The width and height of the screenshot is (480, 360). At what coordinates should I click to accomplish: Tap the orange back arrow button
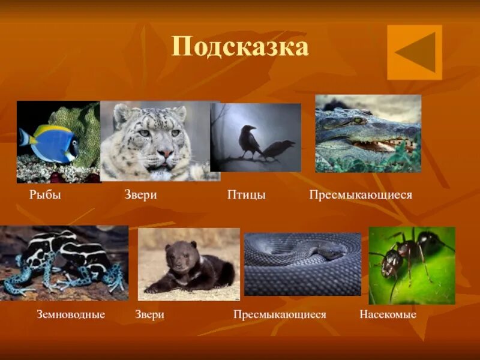(415, 52)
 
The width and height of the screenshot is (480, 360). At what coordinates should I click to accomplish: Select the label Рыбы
(46, 195)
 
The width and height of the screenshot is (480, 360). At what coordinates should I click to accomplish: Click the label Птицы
(247, 195)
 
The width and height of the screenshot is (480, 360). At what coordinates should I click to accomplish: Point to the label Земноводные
(70, 314)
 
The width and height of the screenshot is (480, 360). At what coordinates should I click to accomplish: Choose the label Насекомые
(388, 314)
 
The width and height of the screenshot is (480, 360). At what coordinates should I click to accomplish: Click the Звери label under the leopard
(140, 195)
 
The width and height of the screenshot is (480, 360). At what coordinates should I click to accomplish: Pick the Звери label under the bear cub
(149, 314)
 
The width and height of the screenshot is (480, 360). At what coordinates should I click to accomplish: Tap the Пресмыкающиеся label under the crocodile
(361, 195)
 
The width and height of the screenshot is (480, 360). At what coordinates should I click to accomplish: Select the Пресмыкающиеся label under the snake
(280, 314)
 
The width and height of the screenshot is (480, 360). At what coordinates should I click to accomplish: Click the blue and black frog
(66, 258)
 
